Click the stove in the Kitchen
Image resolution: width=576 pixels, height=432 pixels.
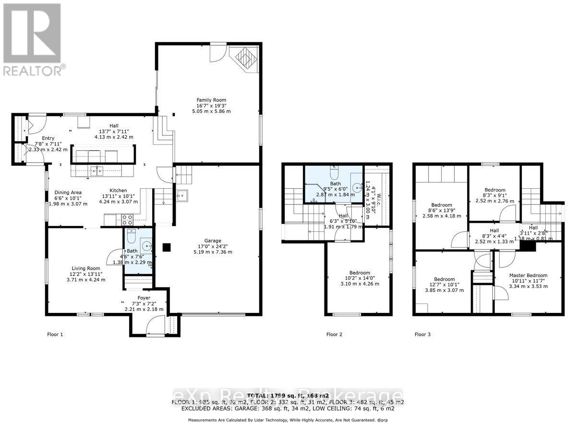click(x=128, y=220)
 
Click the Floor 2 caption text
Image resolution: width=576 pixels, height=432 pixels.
click(x=334, y=334)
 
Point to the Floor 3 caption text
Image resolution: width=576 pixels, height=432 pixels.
click(x=422, y=334)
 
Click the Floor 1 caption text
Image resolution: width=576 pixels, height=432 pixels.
click(x=55, y=334)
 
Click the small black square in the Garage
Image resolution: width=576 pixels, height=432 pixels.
click(x=166, y=248)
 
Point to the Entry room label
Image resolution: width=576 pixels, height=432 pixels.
click(x=48, y=138)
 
